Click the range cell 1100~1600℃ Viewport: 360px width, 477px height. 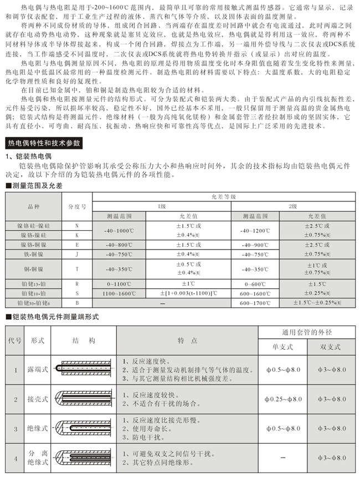click(119, 292)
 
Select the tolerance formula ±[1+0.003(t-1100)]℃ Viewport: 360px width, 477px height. click(188, 292)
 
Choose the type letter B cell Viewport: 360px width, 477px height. click(76, 303)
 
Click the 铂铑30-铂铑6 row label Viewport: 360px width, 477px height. click(34, 303)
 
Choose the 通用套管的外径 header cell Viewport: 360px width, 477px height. click(308, 333)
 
